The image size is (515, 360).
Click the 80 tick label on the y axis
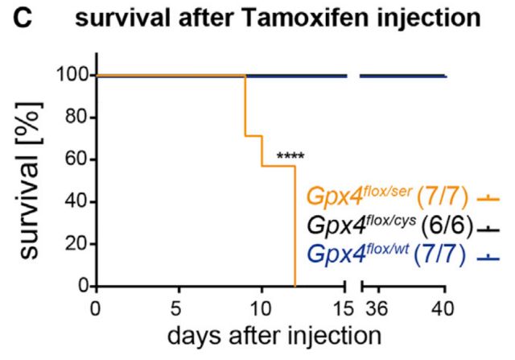click(x=78, y=118)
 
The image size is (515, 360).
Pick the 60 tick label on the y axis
click(x=78, y=159)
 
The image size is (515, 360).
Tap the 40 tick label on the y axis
click(x=78, y=202)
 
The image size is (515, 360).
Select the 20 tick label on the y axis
click(x=78, y=244)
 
